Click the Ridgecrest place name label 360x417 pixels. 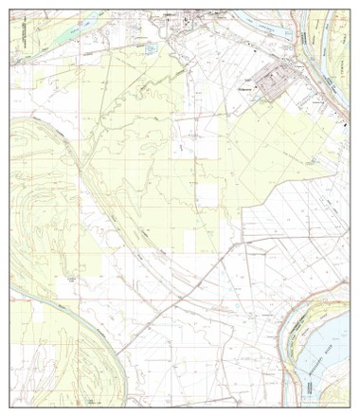coord(245,89)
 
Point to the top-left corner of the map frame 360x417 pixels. coord(10,9)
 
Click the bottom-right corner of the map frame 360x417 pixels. coord(350,408)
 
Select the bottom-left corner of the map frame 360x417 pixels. coord(10,408)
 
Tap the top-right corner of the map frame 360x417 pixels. coord(350,9)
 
